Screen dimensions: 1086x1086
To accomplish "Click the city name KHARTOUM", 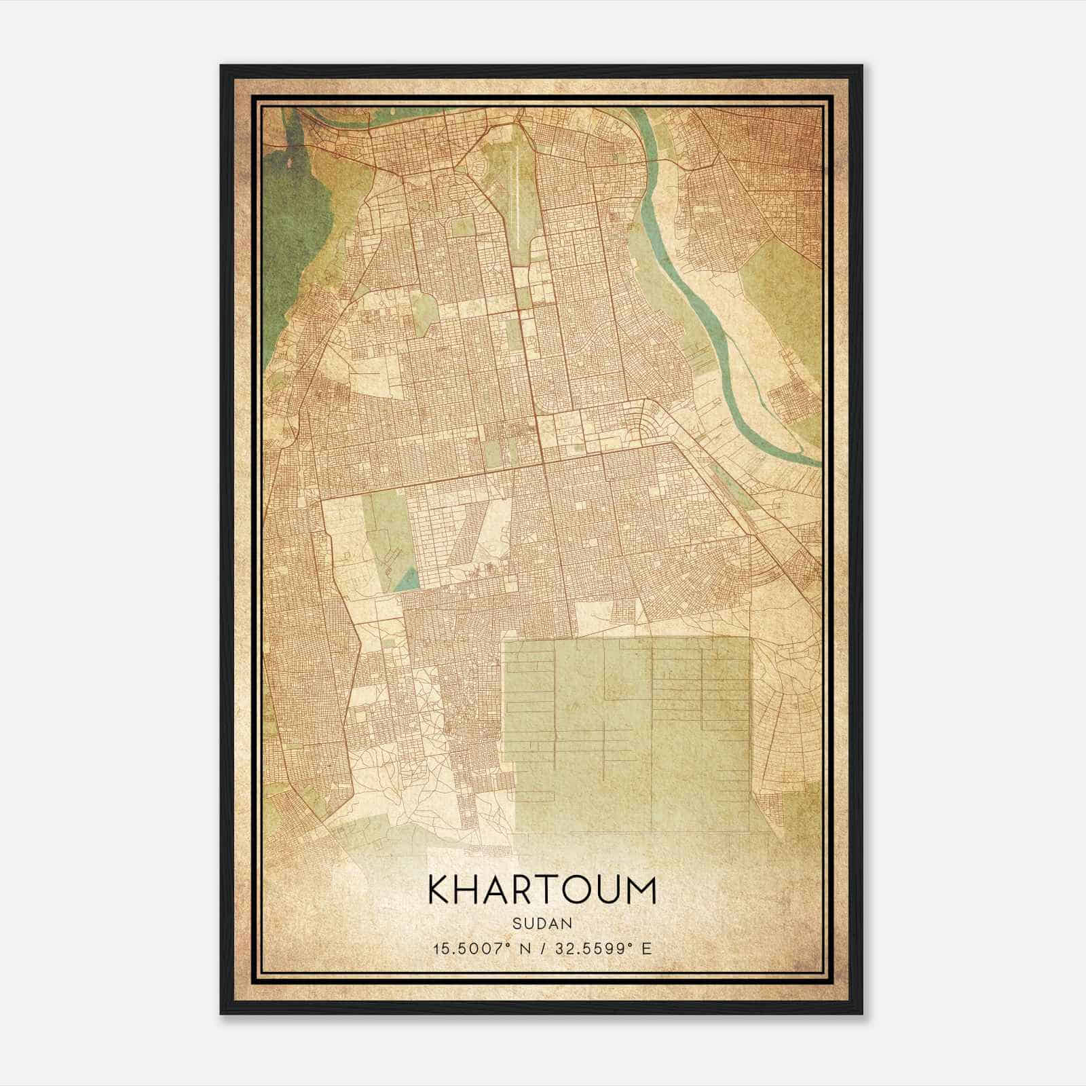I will pos(542,891).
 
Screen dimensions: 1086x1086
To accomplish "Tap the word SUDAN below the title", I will pos(542,923).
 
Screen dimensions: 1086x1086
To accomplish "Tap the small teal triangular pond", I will pos(407,579).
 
